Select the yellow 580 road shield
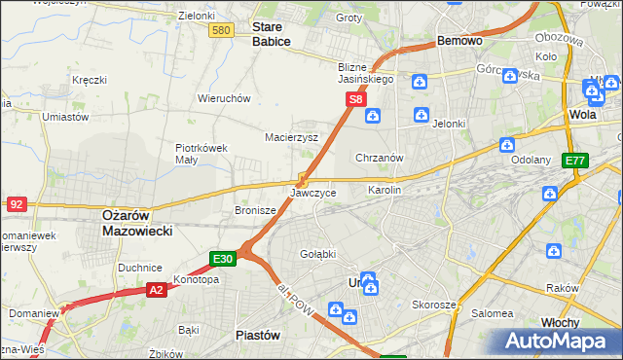click(221, 31)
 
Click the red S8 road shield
click(356, 99)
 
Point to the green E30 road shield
click(223, 259)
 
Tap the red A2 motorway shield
click(157, 289)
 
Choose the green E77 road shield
click(575, 161)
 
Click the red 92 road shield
click(16, 204)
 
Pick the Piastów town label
click(259, 335)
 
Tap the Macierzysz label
click(292, 137)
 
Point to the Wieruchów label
click(225, 98)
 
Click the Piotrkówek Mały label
click(201, 155)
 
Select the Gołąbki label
click(317, 254)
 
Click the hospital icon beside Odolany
click(507, 145)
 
